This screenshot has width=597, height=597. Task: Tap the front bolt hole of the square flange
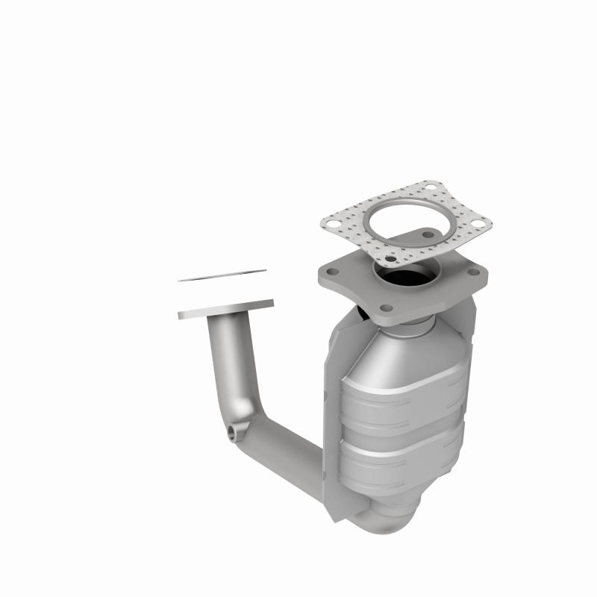(386, 307)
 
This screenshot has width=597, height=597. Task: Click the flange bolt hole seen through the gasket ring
(428, 234)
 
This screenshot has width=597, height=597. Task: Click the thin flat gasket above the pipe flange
(222, 275)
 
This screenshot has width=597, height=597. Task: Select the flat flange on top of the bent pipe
(225, 309)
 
